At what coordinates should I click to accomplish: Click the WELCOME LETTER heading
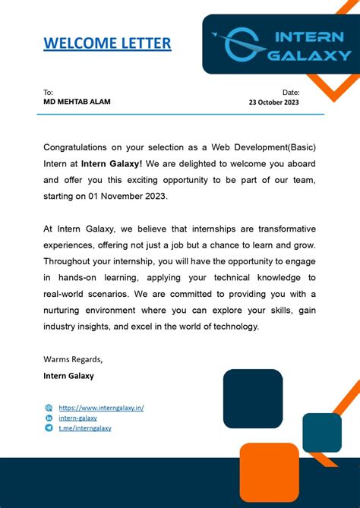107,43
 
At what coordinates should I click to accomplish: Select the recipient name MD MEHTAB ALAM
77,102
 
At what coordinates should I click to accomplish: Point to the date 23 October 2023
274,103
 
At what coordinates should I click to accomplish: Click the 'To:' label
48,92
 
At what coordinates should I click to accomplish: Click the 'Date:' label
291,92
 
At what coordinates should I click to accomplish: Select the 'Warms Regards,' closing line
73,359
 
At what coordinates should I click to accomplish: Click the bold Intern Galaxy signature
68,376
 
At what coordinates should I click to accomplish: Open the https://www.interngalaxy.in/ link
101,408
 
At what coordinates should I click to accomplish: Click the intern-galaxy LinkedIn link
77,418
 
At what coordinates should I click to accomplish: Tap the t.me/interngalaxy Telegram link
85,428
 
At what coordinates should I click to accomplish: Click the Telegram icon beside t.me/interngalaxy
49,428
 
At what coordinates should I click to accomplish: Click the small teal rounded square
322,433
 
